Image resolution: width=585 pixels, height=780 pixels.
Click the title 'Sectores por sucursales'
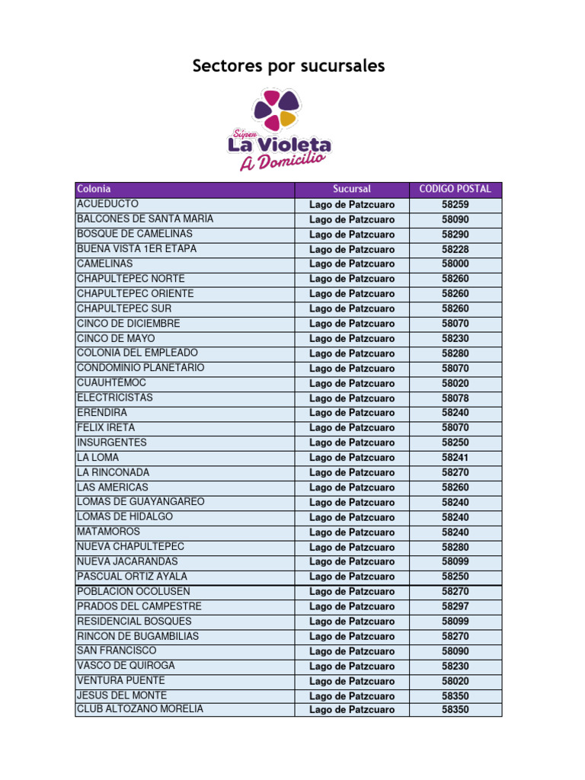289,66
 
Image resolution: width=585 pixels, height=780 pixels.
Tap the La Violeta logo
279,129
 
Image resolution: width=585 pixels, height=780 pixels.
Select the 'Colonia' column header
94,189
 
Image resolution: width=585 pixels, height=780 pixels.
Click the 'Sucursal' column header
352,189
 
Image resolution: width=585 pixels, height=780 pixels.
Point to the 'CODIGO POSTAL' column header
456,189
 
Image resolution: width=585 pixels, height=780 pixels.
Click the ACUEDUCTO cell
107,204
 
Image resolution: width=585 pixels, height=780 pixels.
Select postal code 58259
456,204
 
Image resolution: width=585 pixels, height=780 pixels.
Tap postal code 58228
456,249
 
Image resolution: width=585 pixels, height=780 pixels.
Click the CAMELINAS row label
105,264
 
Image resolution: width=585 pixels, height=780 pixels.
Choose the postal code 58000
456,264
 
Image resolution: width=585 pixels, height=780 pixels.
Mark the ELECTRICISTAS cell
114,398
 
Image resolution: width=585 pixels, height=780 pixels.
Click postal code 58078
456,398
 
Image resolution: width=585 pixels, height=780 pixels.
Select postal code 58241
456,457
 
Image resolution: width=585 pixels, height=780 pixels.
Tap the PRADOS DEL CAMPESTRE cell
139,606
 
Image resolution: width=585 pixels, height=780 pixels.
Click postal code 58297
456,606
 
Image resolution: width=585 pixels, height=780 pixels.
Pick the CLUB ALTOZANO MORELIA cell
140,709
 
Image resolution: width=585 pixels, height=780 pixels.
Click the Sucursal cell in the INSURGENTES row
352,443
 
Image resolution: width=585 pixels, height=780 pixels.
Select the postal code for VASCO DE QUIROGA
456,666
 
